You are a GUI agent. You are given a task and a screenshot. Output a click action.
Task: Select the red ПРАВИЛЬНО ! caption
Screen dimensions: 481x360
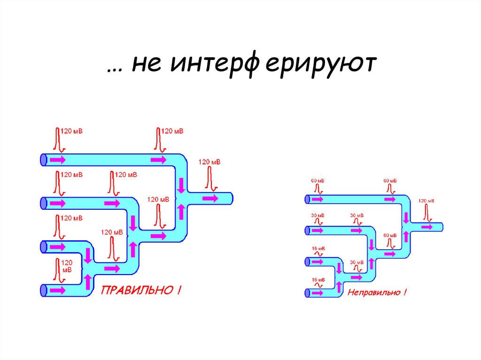(139, 291)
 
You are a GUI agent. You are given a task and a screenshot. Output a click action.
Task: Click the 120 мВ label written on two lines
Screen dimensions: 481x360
(67, 266)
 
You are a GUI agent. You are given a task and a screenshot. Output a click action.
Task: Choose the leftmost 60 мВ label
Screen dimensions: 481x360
(317, 181)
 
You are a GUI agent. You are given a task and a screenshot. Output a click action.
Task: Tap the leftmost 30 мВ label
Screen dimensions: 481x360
(317, 215)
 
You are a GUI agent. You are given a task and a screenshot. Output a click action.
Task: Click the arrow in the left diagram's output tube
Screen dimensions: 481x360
(210, 199)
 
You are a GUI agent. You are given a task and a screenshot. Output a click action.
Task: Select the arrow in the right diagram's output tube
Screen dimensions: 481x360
(427, 227)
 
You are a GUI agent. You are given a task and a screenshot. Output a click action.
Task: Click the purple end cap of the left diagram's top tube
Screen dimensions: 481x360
(43, 160)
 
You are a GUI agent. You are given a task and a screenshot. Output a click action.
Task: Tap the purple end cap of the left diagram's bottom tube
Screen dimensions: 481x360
(43, 290)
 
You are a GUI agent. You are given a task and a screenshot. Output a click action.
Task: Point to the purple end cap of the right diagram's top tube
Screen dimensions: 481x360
(307, 199)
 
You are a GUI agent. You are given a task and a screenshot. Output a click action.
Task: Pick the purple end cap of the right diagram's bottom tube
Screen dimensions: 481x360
(307, 293)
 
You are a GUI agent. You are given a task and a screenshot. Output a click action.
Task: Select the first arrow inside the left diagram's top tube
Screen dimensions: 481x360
(58, 160)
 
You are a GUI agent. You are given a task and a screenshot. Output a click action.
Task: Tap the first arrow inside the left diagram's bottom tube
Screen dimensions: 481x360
(58, 290)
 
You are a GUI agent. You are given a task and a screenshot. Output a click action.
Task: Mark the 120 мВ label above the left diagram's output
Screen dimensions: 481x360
(209, 162)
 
